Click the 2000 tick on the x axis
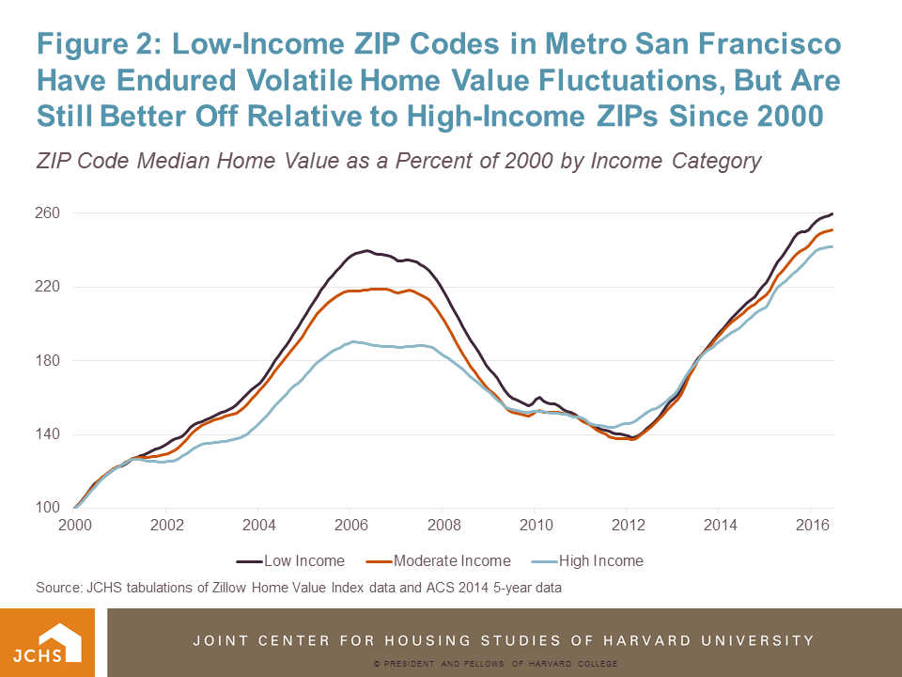tap(75, 524)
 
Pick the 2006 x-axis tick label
tap(350, 524)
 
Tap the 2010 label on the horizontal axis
tap(535, 524)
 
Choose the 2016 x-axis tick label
tap(811, 524)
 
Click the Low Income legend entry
tap(290, 561)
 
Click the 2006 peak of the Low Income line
tap(365, 250)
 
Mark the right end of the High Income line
tap(832, 246)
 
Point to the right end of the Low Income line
tap(832, 214)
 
